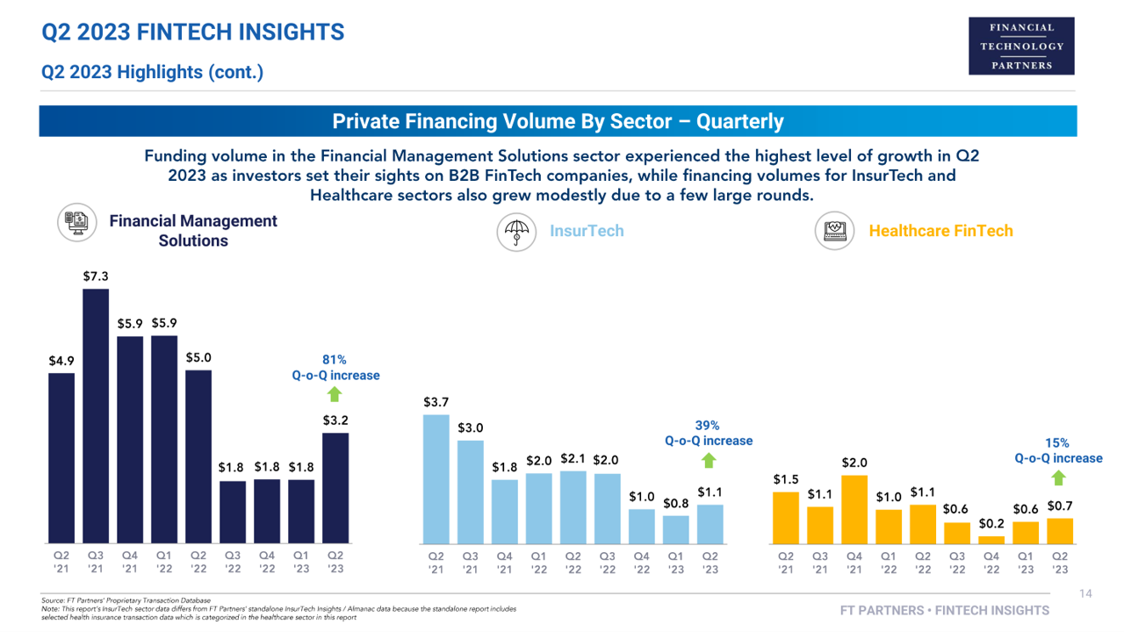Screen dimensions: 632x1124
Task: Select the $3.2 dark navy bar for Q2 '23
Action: pyautogui.click(x=335, y=487)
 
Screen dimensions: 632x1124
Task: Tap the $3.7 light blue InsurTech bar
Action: pyautogui.click(x=436, y=478)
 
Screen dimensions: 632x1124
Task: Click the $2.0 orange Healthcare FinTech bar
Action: pyautogui.click(x=854, y=509)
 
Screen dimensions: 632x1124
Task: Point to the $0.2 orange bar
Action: pyautogui.click(x=991, y=539)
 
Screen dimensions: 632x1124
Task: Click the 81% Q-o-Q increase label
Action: pyautogui.click(x=335, y=367)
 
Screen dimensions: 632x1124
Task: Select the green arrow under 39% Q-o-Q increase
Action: pyautogui.click(x=709, y=460)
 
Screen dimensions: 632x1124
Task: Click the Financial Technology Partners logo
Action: pyautogui.click(x=1021, y=46)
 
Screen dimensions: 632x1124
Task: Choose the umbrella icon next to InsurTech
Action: pyautogui.click(x=517, y=232)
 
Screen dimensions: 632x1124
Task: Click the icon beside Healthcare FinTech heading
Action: pyautogui.click(x=834, y=232)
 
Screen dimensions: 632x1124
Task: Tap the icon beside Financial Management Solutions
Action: pyautogui.click(x=77, y=222)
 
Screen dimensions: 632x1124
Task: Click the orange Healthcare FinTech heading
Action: pyautogui.click(x=940, y=231)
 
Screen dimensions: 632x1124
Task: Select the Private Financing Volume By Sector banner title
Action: pyautogui.click(x=558, y=121)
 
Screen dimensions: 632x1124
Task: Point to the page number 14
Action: pyautogui.click(x=1084, y=594)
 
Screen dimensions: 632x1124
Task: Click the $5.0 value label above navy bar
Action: pyautogui.click(x=198, y=358)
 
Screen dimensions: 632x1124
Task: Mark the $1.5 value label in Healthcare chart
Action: pyautogui.click(x=786, y=480)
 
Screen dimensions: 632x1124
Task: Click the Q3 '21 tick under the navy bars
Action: pyautogui.click(x=96, y=561)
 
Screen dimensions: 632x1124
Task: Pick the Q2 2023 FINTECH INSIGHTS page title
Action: pyautogui.click(x=193, y=33)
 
